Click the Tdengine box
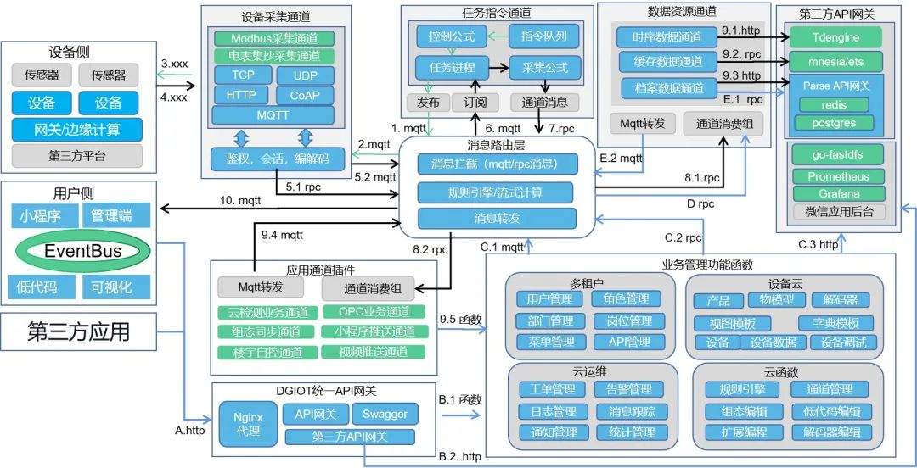[x=835, y=37]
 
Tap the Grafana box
[x=838, y=193]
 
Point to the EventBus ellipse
[x=82, y=250]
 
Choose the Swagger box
[x=385, y=415]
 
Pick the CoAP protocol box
[x=305, y=95]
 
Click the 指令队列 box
[x=543, y=36]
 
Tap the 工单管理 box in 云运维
[x=552, y=389]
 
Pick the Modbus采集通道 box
[x=273, y=39]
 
